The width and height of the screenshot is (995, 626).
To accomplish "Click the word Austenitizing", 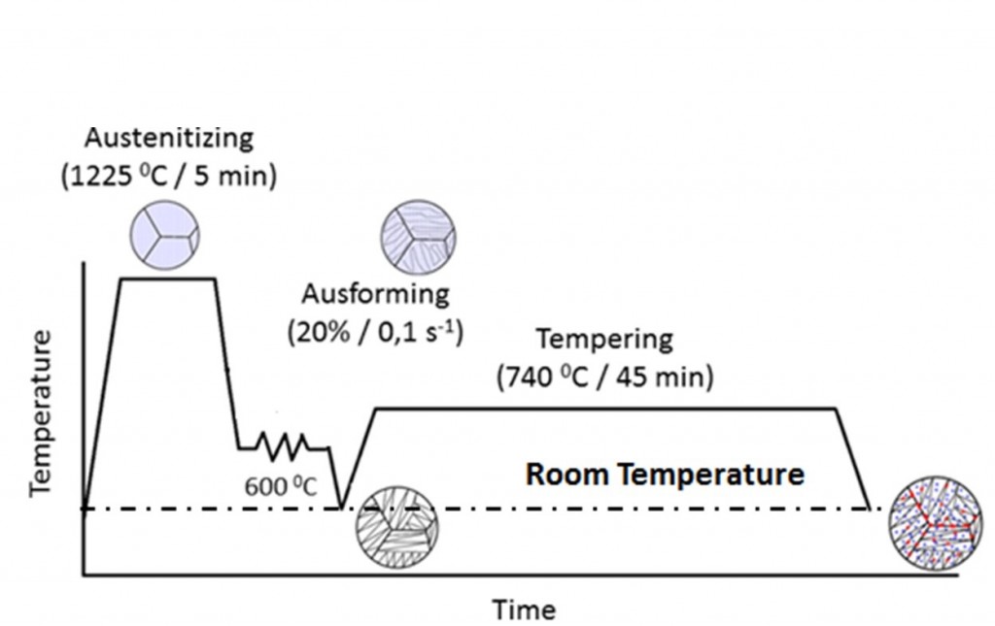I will coord(182,138).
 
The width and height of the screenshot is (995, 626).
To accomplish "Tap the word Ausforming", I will coord(375,293).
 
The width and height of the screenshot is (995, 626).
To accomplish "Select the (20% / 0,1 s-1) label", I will coord(375,331).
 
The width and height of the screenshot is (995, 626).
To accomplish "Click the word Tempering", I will coord(604,339).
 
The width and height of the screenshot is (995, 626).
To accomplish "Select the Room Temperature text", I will coord(665,475).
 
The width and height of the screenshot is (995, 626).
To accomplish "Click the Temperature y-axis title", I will coord(42,413).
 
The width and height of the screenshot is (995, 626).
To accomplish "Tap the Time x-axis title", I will coord(524,610).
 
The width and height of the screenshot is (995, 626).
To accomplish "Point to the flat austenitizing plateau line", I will coord(166,279).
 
